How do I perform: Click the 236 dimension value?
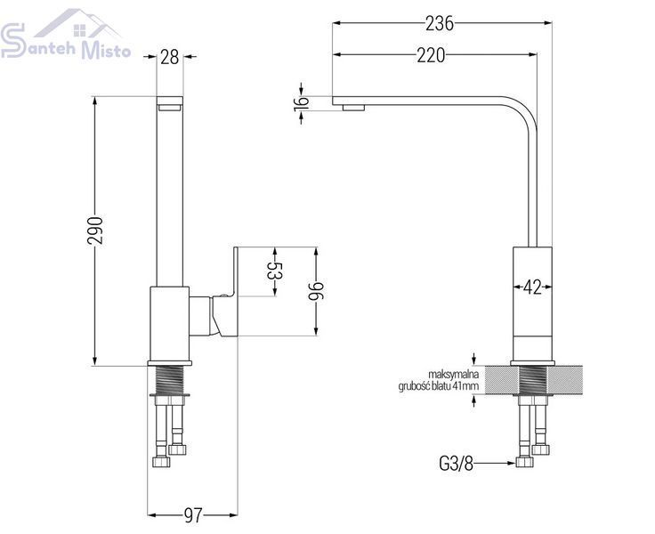tap(440, 24)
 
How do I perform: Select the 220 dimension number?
tap(431, 55)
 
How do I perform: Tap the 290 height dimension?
tap(95, 231)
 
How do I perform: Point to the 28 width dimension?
tap(170, 57)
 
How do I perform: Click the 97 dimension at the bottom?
tap(193, 515)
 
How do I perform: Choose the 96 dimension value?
tap(316, 291)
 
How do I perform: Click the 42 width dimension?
tap(532, 287)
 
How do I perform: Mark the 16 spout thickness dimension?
tap(301, 103)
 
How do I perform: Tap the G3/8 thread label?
tap(457, 463)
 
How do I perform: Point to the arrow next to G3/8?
tap(495, 463)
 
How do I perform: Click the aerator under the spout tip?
tap(353, 108)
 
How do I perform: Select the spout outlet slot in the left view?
tap(170, 109)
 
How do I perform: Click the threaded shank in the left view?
tap(169, 380)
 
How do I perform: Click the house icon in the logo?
tap(78, 24)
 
